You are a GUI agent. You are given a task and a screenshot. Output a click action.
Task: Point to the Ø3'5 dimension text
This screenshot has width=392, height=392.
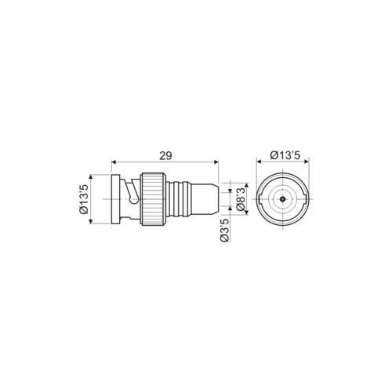[225, 234]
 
